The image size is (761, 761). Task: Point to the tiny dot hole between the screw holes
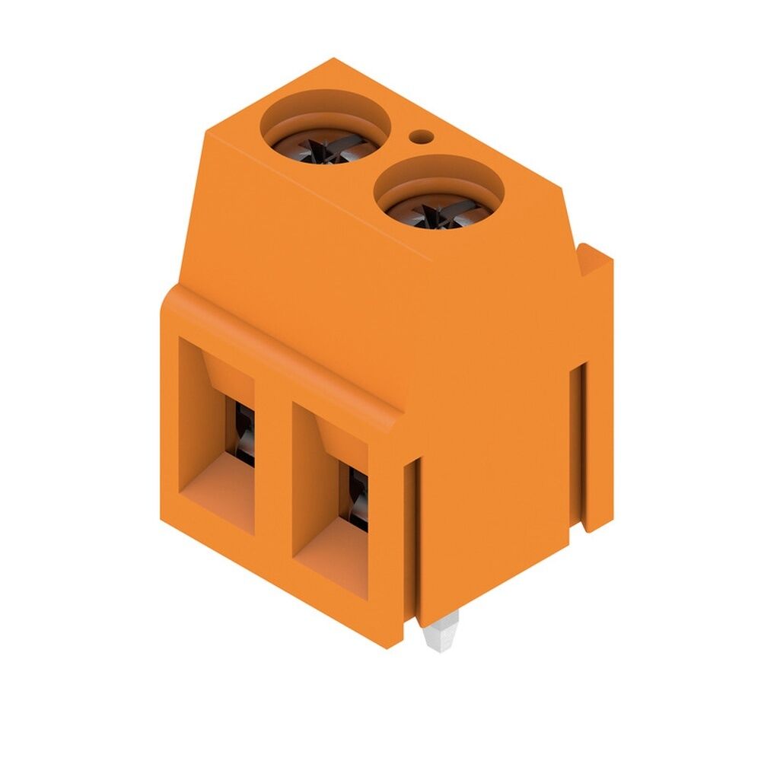tap(420, 138)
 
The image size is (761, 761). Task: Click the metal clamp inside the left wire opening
tap(244, 434)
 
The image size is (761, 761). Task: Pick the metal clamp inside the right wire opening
tap(358, 498)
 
